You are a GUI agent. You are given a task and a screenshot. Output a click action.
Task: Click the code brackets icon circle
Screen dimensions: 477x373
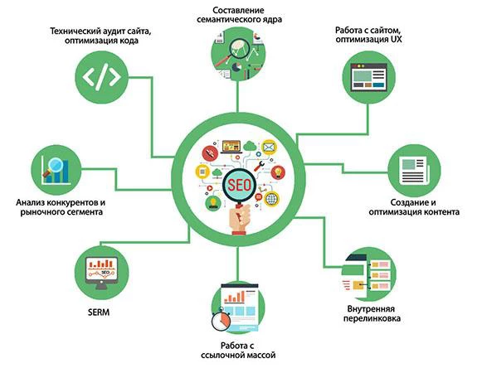[x=101, y=77]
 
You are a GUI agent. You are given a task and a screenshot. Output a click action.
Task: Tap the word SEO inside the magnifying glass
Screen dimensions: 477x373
[x=240, y=185]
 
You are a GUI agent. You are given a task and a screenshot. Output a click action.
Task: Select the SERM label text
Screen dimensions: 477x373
[x=99, y=312]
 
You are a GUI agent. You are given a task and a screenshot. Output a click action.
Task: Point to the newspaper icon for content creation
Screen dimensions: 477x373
[x=414, y=171]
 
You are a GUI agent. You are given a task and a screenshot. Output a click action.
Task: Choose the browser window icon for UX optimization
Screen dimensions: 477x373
[x=368, y=77]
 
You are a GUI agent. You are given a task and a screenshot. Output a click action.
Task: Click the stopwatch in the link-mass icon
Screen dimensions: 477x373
[x=221, y=320]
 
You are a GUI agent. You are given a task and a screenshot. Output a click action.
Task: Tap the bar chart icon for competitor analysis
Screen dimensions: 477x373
[x=56, y=170]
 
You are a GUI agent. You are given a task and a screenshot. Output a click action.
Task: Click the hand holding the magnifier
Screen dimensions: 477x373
[x=240, y=220]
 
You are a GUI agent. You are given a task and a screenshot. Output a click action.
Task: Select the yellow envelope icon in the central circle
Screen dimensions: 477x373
[x=270, y=148]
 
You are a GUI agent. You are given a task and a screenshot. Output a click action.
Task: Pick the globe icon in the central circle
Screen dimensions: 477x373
[x=271, y=199]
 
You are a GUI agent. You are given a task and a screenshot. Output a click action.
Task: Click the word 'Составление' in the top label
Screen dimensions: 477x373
[x=238, y=10]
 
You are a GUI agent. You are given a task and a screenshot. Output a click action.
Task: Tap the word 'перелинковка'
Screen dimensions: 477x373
[x=372, y=318]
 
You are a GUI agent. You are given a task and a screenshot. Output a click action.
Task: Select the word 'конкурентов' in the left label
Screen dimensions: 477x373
[x=71, y=202]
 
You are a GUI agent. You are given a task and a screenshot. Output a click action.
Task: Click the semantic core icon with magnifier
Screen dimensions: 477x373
[x=238, y=54]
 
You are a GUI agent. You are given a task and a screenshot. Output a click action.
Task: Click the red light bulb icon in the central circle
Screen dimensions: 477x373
[x=278, y=172]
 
